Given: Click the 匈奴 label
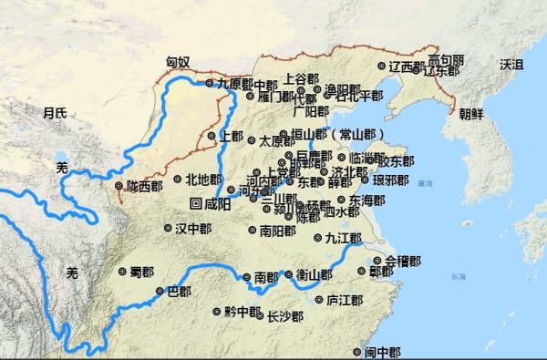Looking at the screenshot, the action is (178, 62).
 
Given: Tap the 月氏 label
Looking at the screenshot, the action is (55, 112).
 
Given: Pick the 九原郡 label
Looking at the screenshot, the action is (233, 83).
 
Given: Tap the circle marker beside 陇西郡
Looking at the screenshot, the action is (119, 187).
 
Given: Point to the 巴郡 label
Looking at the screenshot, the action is (179, 292).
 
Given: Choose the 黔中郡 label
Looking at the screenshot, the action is (243, 311).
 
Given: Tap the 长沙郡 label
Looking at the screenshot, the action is (284, 317).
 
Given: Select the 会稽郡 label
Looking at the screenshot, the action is (402, 261).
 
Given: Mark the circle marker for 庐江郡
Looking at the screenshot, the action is (318, 299).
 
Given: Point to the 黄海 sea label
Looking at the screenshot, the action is (425, 183).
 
